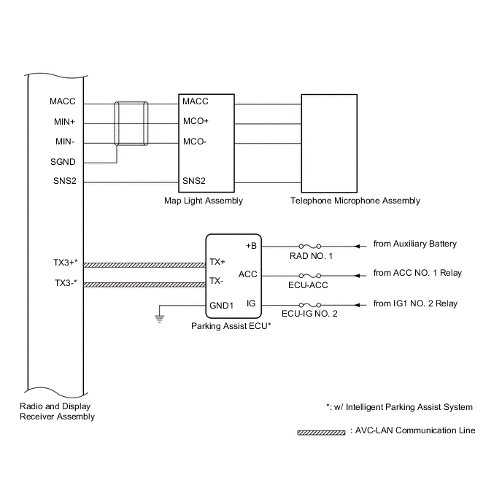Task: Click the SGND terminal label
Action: click(x=63, y=162)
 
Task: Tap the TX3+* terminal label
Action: click(x=65, y=262)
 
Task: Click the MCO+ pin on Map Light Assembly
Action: click(x=196, y=122)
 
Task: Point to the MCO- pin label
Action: click(x=195, y=142)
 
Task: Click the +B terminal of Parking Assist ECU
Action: click(x=252, y=245)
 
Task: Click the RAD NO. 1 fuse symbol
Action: click(x=311, y=245)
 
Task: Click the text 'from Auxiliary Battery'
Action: click(x=414, y=244)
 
